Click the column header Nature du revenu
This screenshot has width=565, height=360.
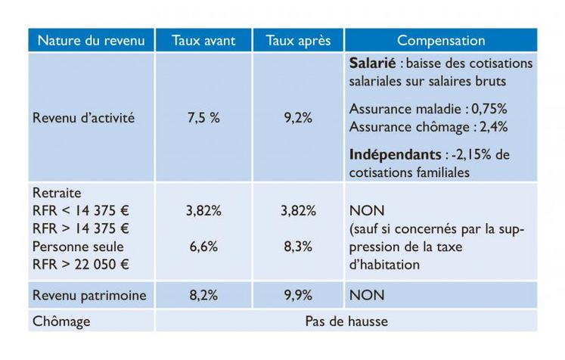click(x=91, y=41)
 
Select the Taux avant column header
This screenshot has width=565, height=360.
click(x=203, y=41)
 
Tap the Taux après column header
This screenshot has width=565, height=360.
click(x=298, y=41)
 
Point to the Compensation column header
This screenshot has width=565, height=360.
click(x=441, y=41)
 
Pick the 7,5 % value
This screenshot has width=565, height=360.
click(x=203, y=118)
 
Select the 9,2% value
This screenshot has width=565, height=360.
click(x=298, y=118)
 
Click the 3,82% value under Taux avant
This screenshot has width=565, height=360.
click(x=203, y=212)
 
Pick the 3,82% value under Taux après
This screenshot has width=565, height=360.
click(x=298, y=212)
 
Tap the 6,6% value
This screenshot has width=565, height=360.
click(x=203, y=247)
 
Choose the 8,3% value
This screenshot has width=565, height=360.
click(x=298, y=247)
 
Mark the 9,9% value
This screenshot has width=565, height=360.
click(x=298, y=295)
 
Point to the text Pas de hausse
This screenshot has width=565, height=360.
click(x=346, y=321)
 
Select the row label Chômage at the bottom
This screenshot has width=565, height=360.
click(x=61, y=321)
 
